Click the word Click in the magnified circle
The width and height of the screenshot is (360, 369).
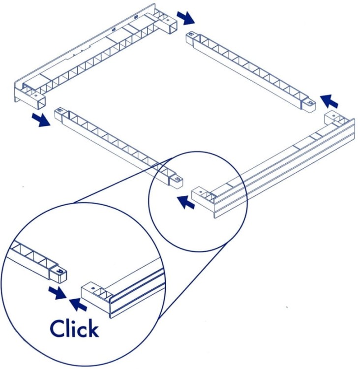pos(74,328)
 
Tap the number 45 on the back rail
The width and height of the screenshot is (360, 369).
pos(114,30)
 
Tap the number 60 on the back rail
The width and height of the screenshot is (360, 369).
pos(136,17)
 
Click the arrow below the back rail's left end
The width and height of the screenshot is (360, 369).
pos(41,120)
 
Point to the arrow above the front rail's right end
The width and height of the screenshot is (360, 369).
pos(330,101)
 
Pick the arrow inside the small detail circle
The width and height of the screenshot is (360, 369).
pos(186,202)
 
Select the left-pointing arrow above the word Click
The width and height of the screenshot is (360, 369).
pos(78,304)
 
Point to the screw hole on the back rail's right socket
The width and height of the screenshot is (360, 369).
pos(168,20)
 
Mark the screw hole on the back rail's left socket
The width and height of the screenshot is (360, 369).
pos(36,96)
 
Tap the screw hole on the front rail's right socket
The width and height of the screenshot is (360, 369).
pos(333,116)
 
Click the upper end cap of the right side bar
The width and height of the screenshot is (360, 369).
pos(191,37)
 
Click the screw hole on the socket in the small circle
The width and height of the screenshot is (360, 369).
pos(201,191)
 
